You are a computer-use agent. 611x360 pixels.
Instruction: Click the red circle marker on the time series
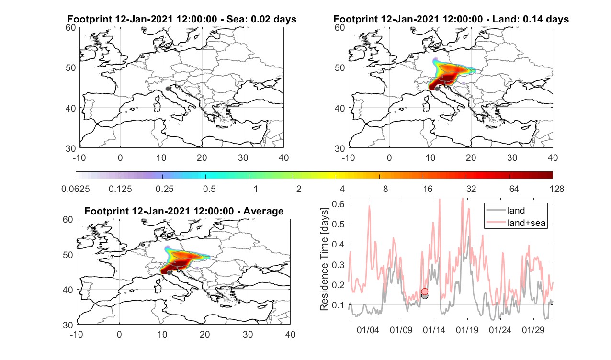click(424, 292)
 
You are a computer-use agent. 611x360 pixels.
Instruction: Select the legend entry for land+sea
click(516, 223)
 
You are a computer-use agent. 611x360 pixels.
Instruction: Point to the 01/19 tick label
click(467, 330)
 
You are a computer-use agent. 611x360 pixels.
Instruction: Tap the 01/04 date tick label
click(368, 330)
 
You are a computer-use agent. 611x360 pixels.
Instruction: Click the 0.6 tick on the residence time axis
click(338, 204)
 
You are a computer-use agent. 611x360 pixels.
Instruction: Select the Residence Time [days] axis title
click(324, 259)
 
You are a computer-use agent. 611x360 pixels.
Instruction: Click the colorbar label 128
click(557, 189)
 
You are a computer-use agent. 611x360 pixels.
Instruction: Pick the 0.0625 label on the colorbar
click(76, 189)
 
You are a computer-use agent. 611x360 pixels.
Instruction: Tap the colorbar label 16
click(428, 189)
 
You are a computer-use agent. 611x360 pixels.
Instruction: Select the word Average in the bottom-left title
click(263, 211)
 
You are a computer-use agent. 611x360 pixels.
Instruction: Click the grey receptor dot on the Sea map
click(168, 89)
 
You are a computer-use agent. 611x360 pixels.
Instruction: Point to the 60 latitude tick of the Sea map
click(71, 28)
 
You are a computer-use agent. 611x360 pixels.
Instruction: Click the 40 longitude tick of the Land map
click(553, 157)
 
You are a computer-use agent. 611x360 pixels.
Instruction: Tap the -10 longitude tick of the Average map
click(77, 334)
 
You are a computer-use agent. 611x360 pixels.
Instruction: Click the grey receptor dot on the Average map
click(169, 273)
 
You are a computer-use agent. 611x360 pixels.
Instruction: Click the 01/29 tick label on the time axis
click(533, 330)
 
